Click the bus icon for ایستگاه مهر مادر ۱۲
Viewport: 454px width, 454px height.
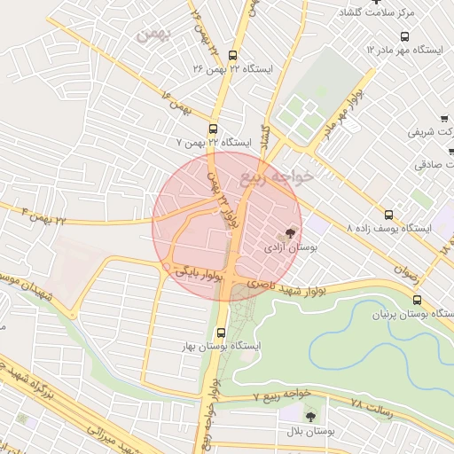[x=405, y=36]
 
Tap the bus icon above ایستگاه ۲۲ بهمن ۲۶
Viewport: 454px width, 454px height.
[x=234, y=52]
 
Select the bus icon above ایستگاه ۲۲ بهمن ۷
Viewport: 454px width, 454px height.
[x=214, y=127]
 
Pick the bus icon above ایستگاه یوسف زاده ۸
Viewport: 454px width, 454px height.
[x=388, y=215]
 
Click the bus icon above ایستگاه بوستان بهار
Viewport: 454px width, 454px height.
[x=221, y=333]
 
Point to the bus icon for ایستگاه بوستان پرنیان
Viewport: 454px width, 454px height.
[x=417, y=300]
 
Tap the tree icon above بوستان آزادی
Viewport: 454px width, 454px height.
[x=293, y=233]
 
